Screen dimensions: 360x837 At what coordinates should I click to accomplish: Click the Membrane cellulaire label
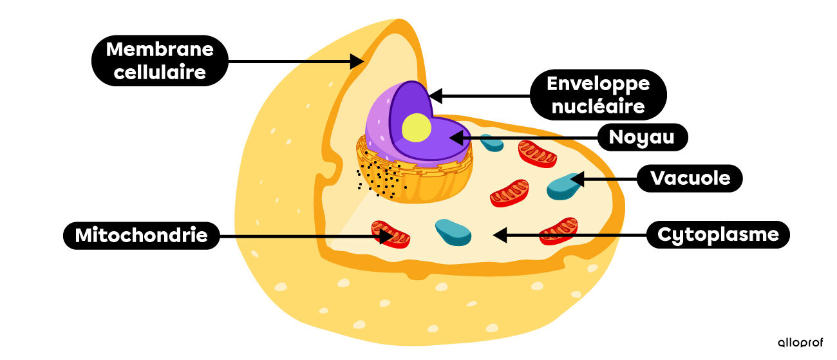pos(160,60)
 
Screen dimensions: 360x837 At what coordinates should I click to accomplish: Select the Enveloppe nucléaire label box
pos(598,94)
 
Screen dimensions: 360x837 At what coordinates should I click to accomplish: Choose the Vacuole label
pos(690,178)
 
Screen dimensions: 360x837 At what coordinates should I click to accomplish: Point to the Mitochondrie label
pos(142,236)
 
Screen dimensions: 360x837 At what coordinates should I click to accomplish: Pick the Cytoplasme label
pos(718,234)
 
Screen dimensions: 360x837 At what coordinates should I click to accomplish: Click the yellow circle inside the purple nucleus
pos(416,128)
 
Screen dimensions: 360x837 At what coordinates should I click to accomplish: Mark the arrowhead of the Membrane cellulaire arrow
pos(358,62)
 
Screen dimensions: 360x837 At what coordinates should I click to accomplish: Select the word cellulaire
pos(160,71)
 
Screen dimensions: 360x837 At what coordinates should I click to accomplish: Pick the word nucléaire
pos(598,106)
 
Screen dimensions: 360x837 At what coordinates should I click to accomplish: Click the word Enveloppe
pos(598,83)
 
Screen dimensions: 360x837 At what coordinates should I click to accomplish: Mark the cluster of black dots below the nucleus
pos(381,179)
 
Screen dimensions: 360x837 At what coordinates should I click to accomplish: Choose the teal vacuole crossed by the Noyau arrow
pos(493,142)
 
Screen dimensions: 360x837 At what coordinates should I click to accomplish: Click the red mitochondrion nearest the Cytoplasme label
pos(558,231)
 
